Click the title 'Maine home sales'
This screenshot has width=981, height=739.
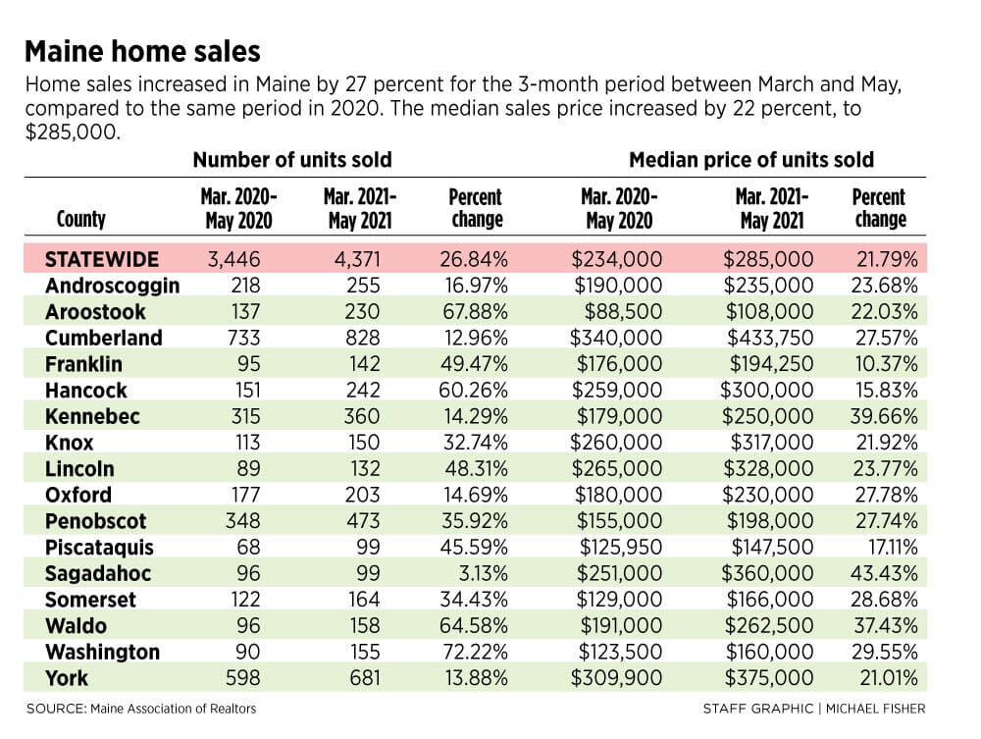142,51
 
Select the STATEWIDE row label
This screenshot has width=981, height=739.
102,260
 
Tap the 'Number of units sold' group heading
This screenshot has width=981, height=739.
291,159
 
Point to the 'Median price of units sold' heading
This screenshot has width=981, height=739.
750,159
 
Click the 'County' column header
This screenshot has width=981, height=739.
81,219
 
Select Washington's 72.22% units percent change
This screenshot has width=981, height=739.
475,652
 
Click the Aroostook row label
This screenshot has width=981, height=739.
95,312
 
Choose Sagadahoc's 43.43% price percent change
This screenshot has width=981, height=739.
884,573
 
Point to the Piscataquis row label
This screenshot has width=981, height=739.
99,548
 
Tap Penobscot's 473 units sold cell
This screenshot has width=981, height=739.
359,521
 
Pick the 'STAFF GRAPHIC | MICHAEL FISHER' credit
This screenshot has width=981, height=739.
813,709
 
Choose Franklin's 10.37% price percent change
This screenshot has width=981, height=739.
884,364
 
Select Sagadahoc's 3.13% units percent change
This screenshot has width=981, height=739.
481,573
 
